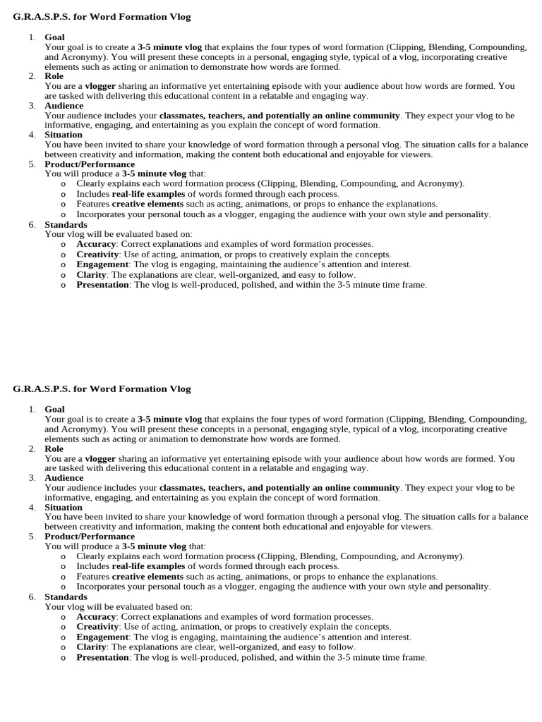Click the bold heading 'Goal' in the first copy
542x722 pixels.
54,37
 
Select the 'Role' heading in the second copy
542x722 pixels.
54,448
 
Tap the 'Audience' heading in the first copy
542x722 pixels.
64,106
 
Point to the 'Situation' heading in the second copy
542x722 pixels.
64,507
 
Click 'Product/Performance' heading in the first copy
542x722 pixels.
90,164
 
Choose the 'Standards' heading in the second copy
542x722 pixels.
66,596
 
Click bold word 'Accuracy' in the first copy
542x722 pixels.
96,244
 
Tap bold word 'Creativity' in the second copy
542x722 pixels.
97,627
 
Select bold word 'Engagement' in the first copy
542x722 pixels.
102,264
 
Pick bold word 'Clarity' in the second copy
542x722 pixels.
91,647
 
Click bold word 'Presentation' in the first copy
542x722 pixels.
103,285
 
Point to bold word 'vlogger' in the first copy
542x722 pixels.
100,86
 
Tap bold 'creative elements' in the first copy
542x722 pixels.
147,204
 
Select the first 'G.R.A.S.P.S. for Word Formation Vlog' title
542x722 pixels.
102,16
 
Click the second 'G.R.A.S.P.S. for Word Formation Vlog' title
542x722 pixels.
102,389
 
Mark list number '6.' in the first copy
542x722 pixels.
32,224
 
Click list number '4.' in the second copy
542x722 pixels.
32,507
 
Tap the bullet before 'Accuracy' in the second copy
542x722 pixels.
63,617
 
